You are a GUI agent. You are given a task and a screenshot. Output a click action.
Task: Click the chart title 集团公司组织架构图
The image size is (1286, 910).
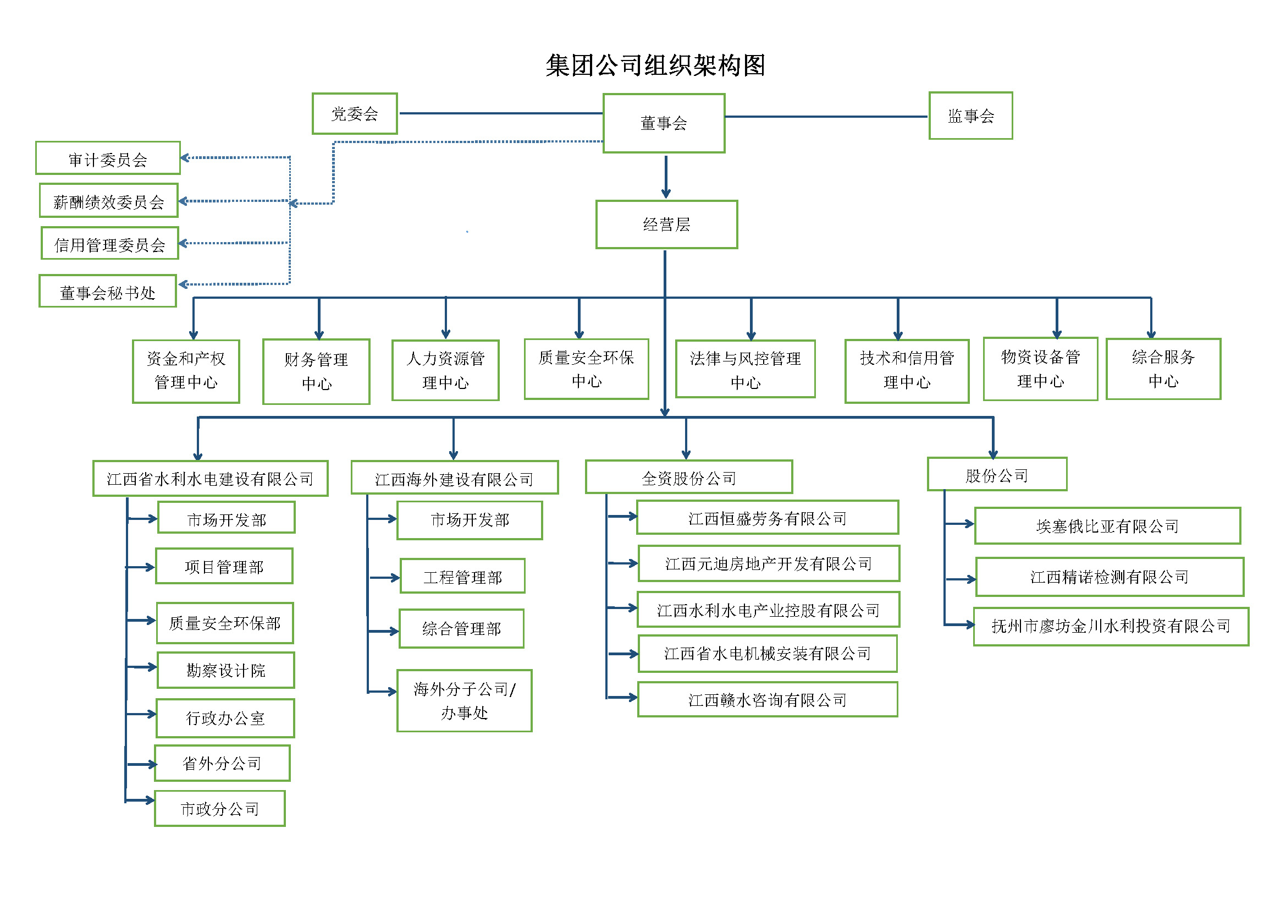(x=655, y=65)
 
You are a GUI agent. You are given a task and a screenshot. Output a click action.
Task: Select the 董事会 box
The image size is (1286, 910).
(x=664, y=123)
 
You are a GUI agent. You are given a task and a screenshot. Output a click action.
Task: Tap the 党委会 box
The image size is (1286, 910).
(x=355, y=114)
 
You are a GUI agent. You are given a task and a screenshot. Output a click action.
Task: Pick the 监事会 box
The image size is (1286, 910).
(x=970, y=116)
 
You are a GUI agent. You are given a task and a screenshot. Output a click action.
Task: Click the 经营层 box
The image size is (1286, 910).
(x=666, y=224)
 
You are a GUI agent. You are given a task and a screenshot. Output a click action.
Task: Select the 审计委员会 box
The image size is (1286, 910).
(x=108, y=158)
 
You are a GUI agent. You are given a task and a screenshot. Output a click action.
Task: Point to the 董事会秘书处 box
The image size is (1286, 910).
(x=108, y=292)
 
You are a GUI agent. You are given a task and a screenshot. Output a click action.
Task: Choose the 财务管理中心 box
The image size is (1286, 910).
(x=316, y=371)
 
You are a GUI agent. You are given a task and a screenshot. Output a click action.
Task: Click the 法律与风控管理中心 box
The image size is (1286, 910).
(x=745, y=369)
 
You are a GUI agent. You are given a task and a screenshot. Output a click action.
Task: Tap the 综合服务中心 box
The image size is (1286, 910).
(x=1163, y=369)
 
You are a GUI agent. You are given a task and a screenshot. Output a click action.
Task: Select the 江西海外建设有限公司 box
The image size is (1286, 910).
(x=454, y=478)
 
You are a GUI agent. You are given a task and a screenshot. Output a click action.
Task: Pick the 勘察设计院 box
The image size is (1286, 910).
(x=226, y=670)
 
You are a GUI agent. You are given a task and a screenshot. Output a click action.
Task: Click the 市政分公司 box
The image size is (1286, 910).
(x=219, y=809)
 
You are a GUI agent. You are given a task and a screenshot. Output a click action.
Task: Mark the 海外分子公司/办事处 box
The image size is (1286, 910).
(x=465, y=700)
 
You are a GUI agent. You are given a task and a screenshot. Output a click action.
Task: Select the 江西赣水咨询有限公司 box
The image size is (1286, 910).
(x=768, y=699)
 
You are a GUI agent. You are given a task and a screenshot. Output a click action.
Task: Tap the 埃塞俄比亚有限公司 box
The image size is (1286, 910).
(x=1107, y=525)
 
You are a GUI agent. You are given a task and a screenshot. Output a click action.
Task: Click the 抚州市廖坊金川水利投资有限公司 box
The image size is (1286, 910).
(x=1111, y=627)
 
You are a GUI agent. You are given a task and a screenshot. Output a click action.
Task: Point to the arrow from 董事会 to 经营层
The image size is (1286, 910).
(x=666, y=177)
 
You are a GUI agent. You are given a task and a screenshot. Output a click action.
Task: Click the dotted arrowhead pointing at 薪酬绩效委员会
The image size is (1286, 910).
(x=183, y=201)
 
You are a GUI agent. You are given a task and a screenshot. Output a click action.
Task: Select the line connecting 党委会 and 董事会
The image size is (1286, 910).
(x=500, y=114)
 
